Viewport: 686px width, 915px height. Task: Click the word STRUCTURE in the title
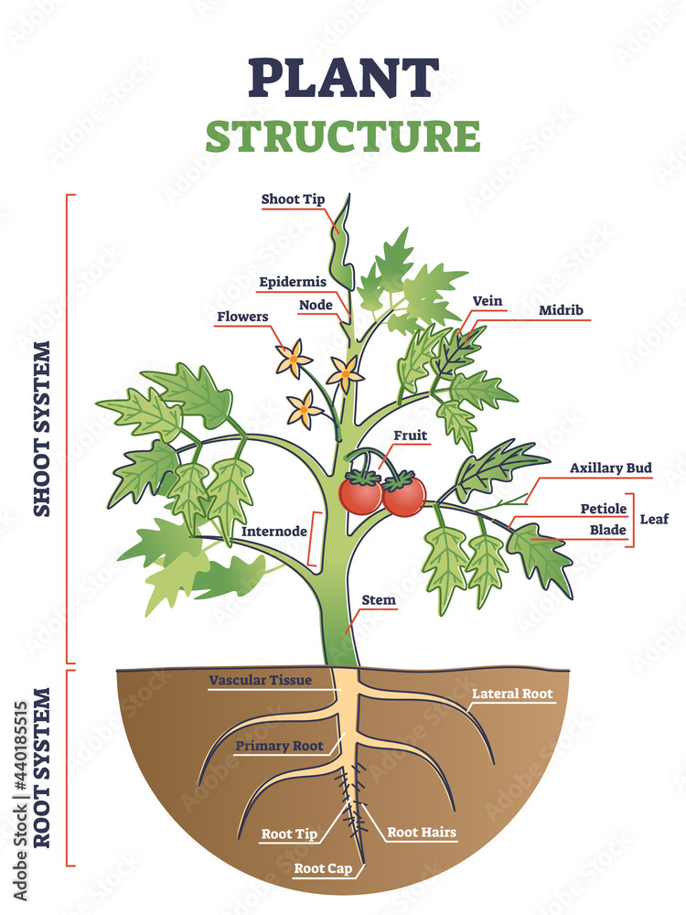pyautogui.click(x=343, y=135)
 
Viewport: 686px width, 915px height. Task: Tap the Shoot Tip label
pyautogui.click(x=293, y=199)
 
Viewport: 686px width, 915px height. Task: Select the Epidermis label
pyautogui.click(x=293, y=282)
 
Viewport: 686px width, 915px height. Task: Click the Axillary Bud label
pyautogui.click(x=611, y=468)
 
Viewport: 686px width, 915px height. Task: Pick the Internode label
pyautogui.click(x=273, y=530)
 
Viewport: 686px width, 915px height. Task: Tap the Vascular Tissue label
pyautogui.click(x=261, y=680)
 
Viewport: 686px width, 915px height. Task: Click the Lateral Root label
pyautogui.click(x=512, y=694)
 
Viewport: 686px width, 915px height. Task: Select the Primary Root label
pyautogui.click(x=279, y=746)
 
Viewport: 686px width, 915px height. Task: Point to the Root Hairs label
pyautogui.click(x=422, y=833)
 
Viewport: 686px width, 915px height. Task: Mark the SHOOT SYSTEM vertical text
pyautogui.click(x=42, y=429)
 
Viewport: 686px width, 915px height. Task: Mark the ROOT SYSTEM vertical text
pyautogui.click(x=42, y=769)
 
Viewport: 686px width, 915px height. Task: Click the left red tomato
pyautogui.click(x=359, y=494)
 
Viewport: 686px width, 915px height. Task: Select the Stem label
pyautogui.click(x=379, y=601)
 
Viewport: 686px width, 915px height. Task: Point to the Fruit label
pyautogui.click(x=410, y=436)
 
